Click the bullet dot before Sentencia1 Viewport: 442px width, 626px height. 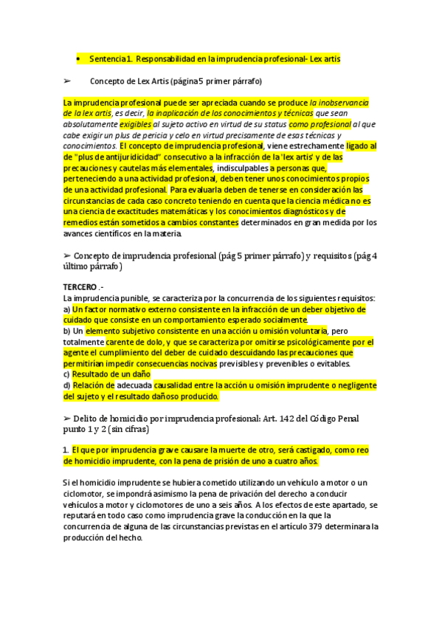click(x=77, y=58)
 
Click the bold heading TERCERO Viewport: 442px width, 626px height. click(x=80, y=286)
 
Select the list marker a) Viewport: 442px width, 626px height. click(x=67, y=309)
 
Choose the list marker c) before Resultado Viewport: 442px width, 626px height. click(x=67, y=374)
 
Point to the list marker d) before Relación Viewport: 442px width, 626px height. click(x=67, y=385)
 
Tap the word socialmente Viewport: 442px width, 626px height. click(x=281, y=320)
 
